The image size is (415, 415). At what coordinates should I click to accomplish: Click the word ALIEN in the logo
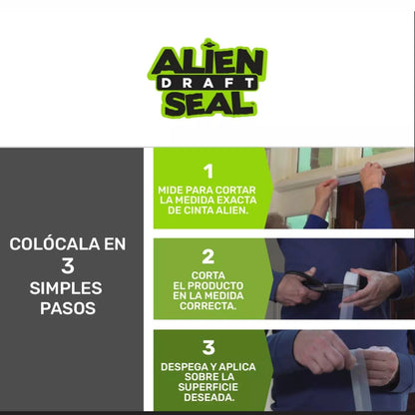click(207, 61)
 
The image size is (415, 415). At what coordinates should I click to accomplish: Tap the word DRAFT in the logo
click(207, 84)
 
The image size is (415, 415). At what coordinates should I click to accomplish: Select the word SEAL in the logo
click(207, 104)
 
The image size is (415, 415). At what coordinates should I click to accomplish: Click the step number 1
click(207, 171)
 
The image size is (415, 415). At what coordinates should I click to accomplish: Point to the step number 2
click(207, 256)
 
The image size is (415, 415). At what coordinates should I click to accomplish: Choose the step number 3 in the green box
click(207, 347)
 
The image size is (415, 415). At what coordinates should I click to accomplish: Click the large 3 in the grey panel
click(69, 265)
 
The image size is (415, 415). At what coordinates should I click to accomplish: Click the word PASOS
click(69, 309)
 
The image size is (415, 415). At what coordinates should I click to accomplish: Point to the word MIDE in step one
click(173, 190)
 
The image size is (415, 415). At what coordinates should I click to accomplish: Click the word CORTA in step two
click(207, 275)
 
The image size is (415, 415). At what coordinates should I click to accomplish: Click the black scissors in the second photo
click(321, 285)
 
